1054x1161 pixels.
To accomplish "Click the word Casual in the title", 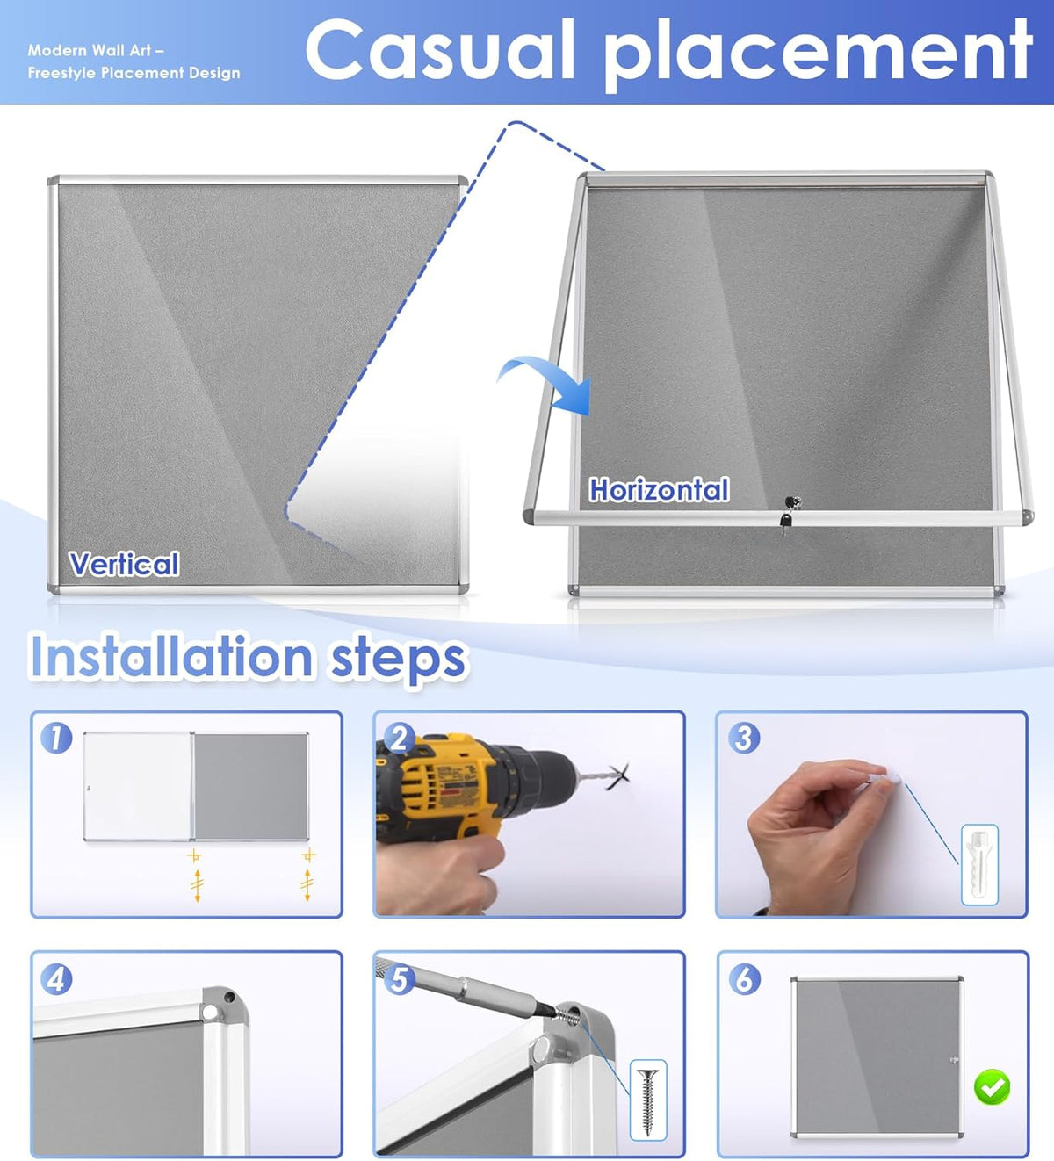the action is [x=440, y=50].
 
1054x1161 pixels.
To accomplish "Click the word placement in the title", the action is [x=818, y=54].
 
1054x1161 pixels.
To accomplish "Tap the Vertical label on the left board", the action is [x=124, y=564].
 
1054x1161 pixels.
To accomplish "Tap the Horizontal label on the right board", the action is [x=659, y=490].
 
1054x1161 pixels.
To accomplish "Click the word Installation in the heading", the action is [x=171, y=657].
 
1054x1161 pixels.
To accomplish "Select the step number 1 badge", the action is [x=56, y=738].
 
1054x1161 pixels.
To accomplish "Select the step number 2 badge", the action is [x=399, y=738].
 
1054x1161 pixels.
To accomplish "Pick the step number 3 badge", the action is [x=744, y=738].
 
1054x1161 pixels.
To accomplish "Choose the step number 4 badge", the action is [x=56, y=980].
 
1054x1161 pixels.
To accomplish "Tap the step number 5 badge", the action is [x=399, y=980].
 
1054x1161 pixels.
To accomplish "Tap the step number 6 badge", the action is [x=745, y=979].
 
